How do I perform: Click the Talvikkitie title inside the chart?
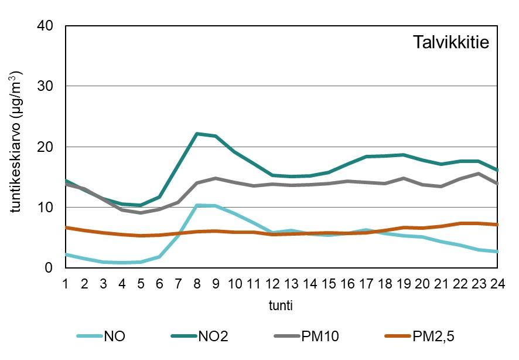pyautogui.click(x=450, y=43)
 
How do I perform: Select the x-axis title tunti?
pyautogui.click(x=281, y=305)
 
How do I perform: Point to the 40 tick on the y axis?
pyautogui.click(x=46, y=26)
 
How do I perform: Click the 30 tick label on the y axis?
pyautogui.click(x=46, y=86)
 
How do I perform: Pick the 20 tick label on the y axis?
pyautogui.click(x=46, y=147)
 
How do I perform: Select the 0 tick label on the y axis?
pyautogui.click(x=49, y=267)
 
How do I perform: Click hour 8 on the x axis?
pyautogui.click(x=197, y=283)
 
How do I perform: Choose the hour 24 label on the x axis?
pyautogui.click(x=497, y=283)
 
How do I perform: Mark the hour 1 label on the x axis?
pyautogui.click(x=66, y=283)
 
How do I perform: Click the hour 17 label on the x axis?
pyautogui.click(x=366, y=283)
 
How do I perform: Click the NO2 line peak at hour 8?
pyautogui.click(x=197, y=134)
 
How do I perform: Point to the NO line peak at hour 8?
pyautogui.click(x=197, y=205)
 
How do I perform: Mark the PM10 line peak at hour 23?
pyautogui.click(x=478, y=174)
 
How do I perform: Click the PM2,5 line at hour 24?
pyautogui.click(x=497, y=225)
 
